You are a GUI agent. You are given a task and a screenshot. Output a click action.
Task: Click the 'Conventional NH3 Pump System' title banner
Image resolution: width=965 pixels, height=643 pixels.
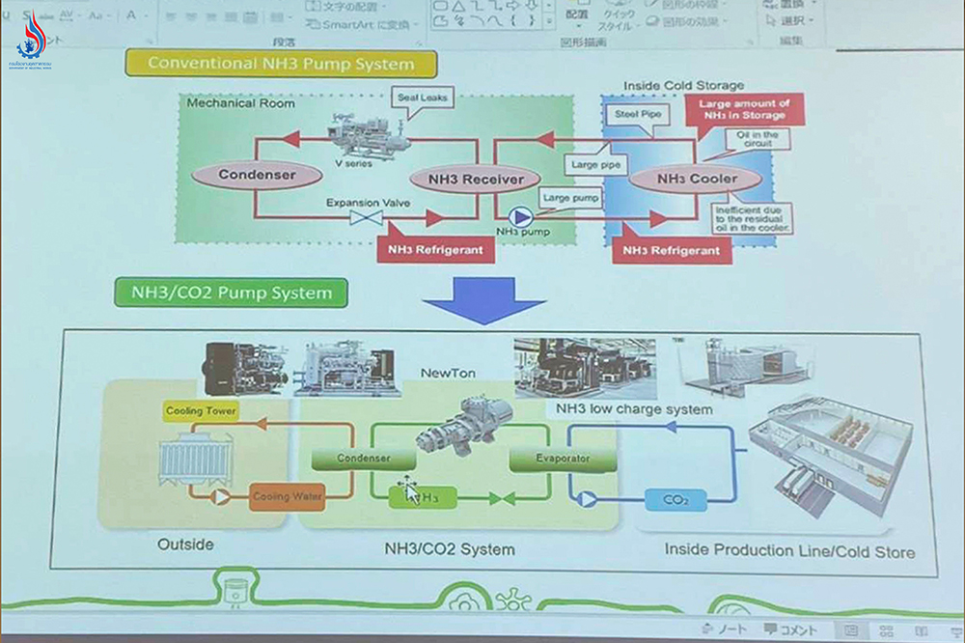point(280,65)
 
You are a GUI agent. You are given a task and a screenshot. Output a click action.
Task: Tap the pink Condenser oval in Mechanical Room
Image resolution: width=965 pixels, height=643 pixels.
point(256,176)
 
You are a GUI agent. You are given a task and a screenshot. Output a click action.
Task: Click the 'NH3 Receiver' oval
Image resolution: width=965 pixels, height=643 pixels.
point(466,179)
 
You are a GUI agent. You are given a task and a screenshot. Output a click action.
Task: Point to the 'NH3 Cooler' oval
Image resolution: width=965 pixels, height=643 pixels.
point(696,179)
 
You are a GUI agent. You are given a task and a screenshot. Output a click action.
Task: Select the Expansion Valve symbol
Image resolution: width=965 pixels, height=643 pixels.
point(365,220)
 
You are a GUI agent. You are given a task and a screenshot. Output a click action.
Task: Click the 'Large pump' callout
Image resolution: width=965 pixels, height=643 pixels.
point(570,198)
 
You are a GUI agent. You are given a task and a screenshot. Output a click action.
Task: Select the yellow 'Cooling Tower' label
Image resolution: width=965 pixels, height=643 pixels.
point(201,411)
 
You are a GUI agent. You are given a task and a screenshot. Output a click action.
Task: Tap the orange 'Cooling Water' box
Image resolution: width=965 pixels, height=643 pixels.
point(287,497)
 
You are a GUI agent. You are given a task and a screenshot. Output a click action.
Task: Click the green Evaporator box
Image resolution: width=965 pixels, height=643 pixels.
point(562,459)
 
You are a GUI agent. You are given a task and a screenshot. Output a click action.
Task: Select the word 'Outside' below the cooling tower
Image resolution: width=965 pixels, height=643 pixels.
point(185,545)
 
